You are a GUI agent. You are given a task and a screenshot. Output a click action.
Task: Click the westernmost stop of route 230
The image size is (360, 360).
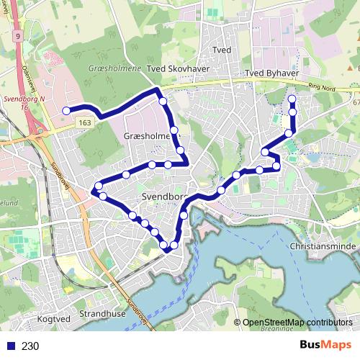[66, 111]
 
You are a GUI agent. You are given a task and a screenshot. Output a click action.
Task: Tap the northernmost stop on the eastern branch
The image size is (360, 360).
[292, 99]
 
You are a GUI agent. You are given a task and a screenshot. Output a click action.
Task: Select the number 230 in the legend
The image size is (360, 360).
[30, 346]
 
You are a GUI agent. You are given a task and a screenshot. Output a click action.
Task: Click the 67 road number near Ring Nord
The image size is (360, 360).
[356, 103]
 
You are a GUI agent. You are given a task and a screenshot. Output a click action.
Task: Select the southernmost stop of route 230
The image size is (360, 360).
[168, 248]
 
